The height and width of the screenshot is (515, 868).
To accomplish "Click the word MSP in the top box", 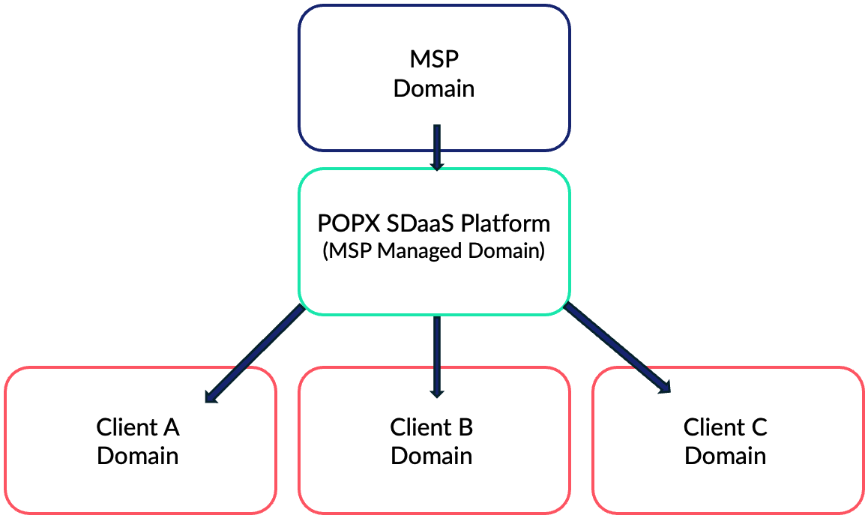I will (434, 59).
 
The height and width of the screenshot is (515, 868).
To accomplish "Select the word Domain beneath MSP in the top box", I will (434, 88).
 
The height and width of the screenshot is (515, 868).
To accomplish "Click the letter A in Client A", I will (171, 427).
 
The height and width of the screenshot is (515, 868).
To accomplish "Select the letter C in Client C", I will (759, 427).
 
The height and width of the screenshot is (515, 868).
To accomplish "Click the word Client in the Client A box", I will (126, 427).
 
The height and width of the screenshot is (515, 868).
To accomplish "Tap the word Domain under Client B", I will (432, 456).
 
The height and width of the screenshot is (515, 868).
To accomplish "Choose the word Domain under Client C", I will (726, 456).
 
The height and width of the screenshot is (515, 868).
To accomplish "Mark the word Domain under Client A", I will (138, 456).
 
